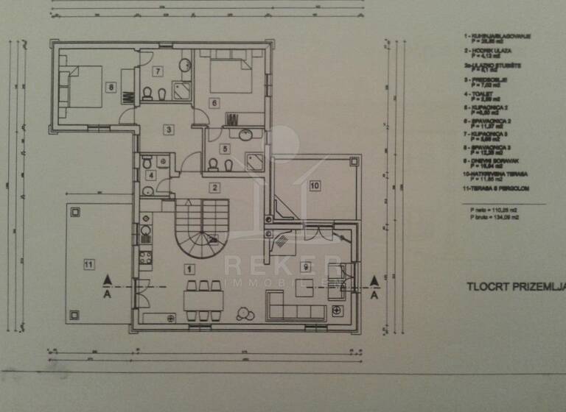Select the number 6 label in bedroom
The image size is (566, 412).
pyautogui.click(x=214, y=104)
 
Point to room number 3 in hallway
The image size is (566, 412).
pyautogui.click(x=169, y=130)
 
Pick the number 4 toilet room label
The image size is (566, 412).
pyautogui.click(x=151, y=175)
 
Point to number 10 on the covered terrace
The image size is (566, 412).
pyautogui.click(x=314, y=185)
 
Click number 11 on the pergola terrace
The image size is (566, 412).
pyautogui.click(x=88, y=263)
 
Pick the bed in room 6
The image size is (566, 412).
pyautogui.click(x=229, y=74)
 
